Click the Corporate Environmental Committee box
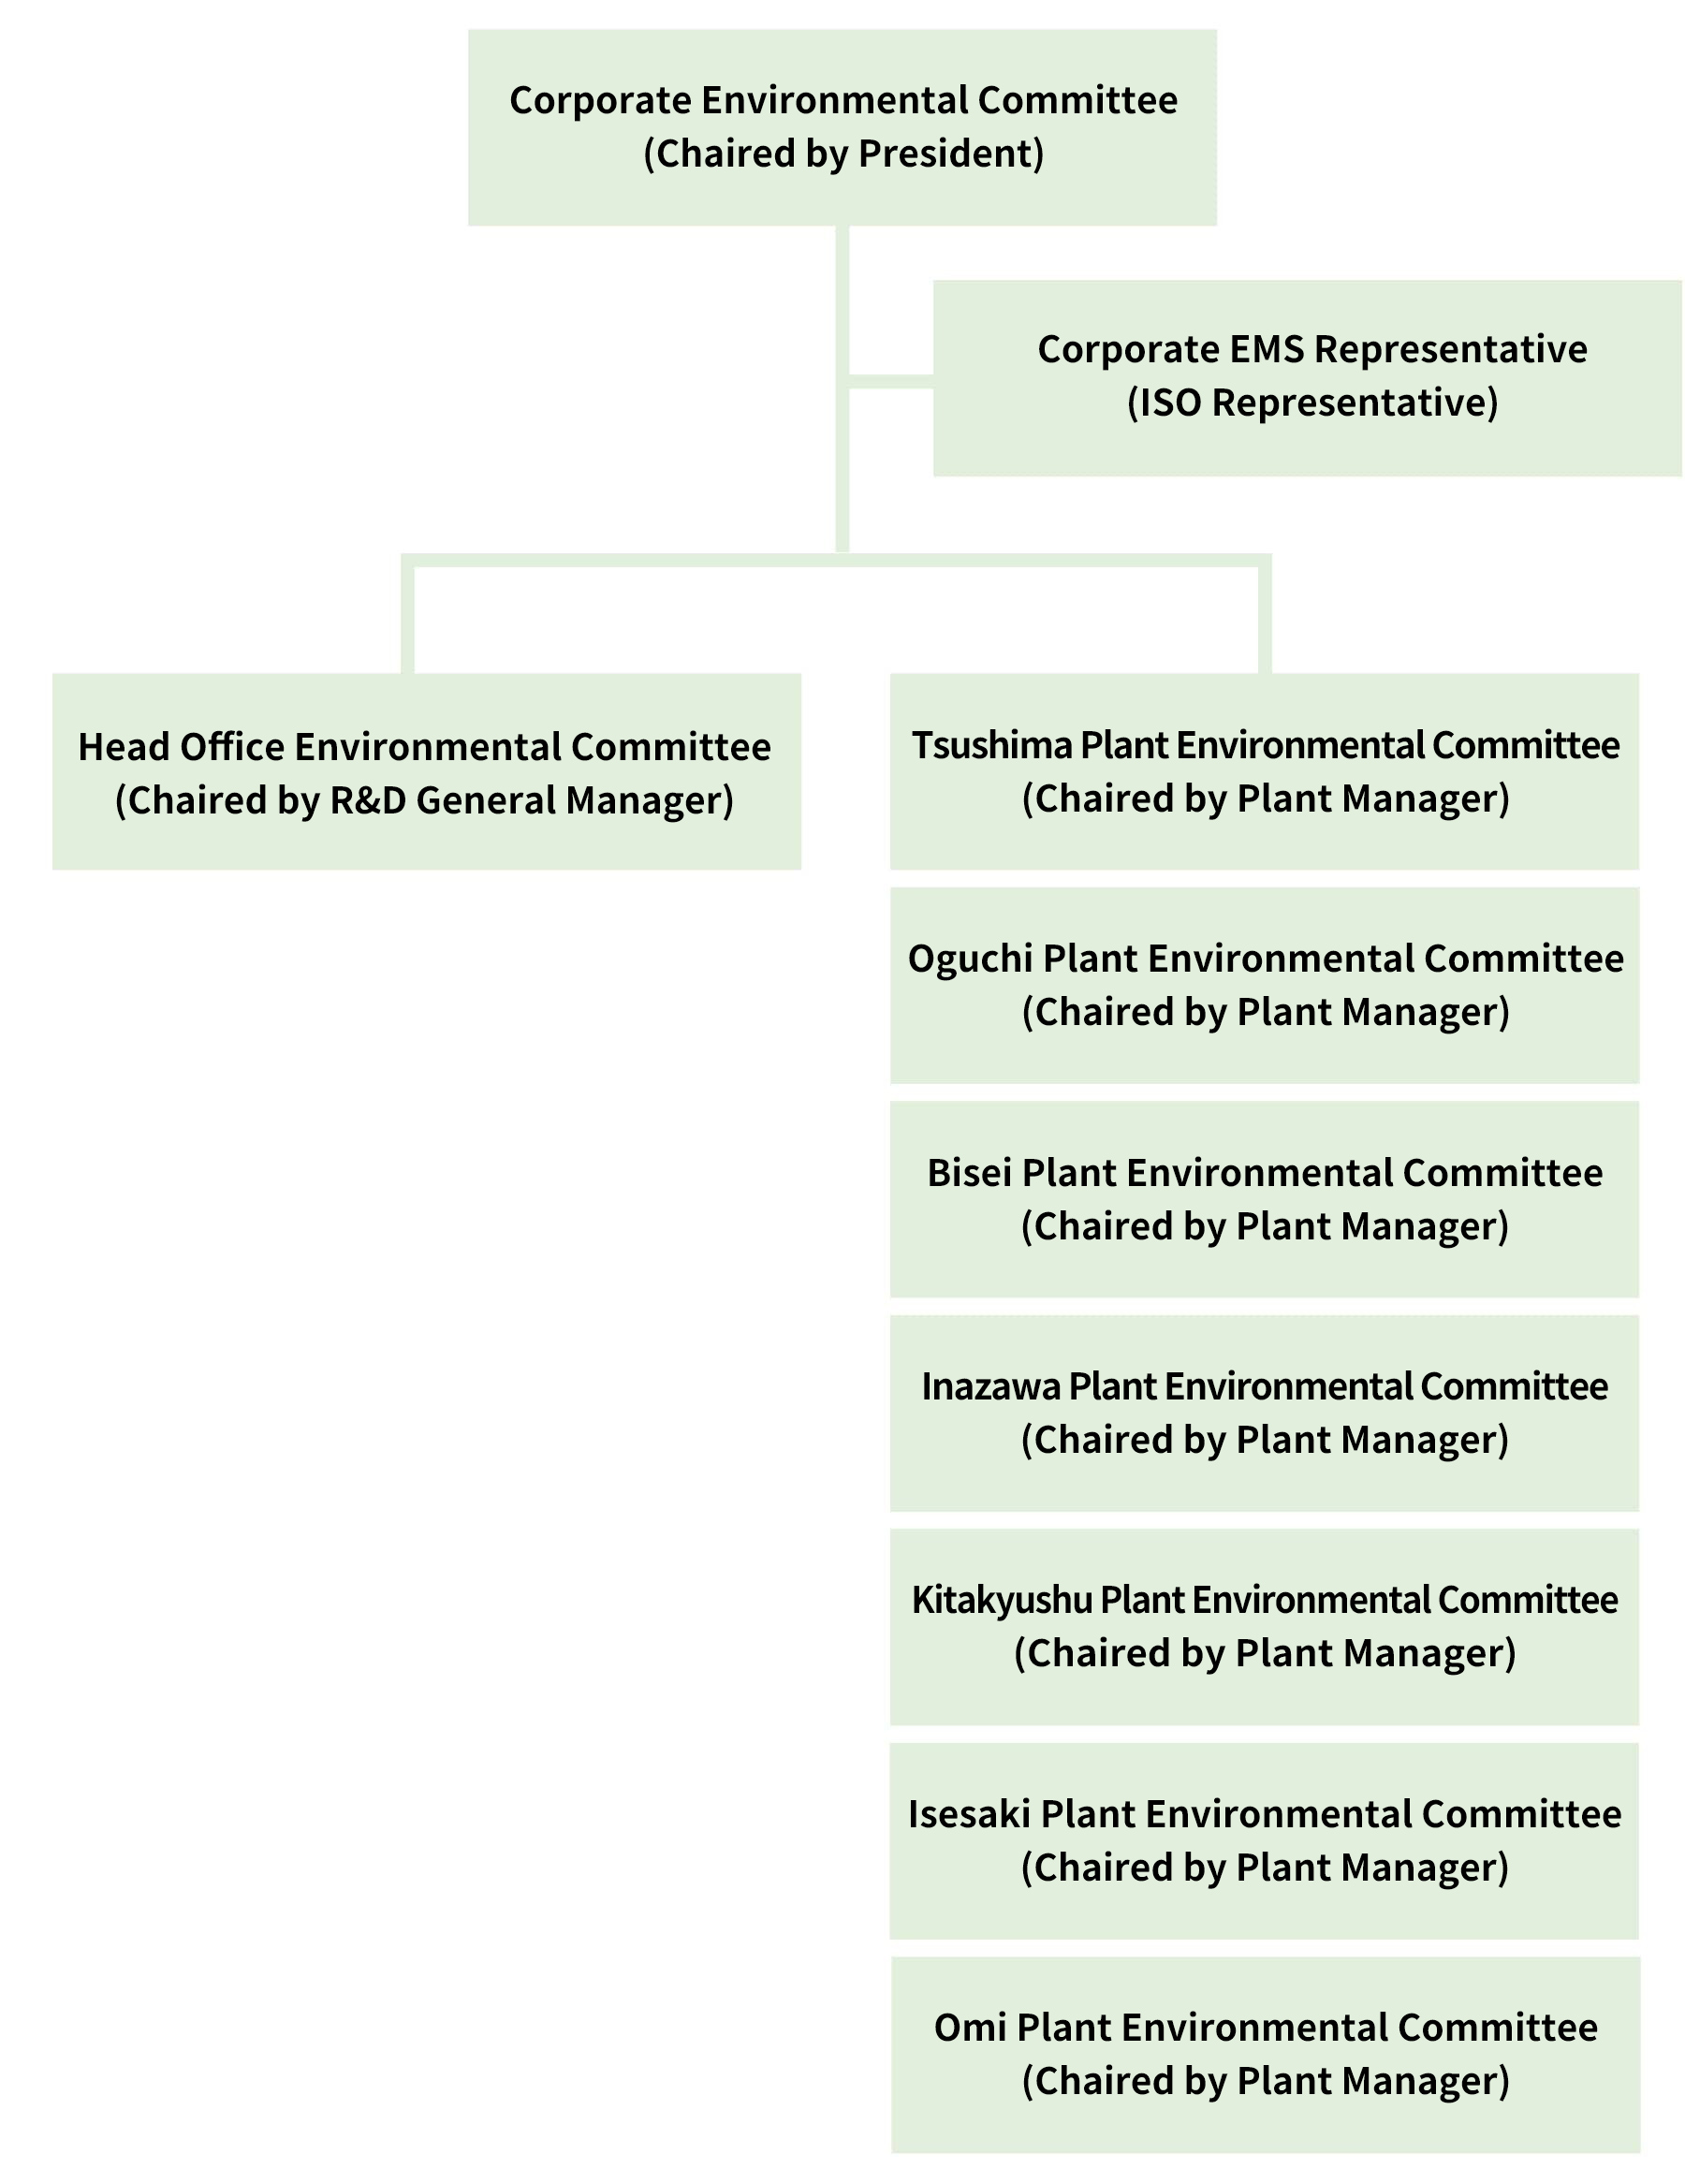[x=842, y=127]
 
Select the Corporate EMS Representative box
[x=1307, y=378]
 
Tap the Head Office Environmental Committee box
[x=426, y=770]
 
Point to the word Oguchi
[x=970, y=959]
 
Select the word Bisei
[x=969, y=1172]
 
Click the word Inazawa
[x=989, y=1386]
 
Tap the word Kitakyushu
[x=1002, y=1599]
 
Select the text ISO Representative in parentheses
[x=1312, y=403]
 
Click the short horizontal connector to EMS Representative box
[x=889, y=381]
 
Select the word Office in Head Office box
[x=232, y=748]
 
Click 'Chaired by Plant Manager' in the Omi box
[x=1265, y=2080]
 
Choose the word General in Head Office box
[x=486, y=800]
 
